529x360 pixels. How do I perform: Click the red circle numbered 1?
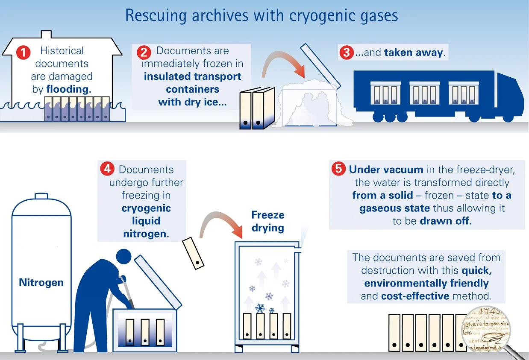[23, 53]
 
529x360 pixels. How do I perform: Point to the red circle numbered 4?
[106, 169]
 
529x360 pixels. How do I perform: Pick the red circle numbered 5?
[338, 169]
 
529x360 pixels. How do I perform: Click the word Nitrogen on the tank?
[41, 282]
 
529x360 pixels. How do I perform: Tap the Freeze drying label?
[268, 221]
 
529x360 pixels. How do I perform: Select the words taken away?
[414, 53]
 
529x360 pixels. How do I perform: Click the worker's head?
[123, 257]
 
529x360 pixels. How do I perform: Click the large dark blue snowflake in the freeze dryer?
[260, 308]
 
